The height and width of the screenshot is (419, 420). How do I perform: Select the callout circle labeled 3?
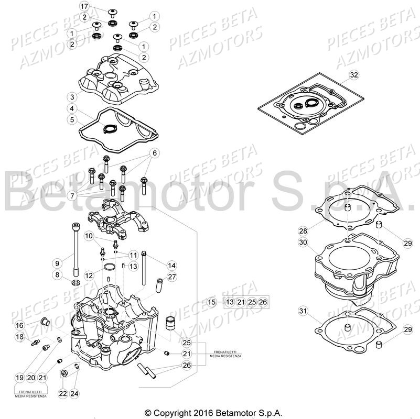[x=72, y=97]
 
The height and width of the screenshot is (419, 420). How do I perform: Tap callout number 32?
[x=354, y=75]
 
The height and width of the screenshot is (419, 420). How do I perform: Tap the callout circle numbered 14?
[x=171, y=265]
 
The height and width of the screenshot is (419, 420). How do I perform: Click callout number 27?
[x=171, y=277]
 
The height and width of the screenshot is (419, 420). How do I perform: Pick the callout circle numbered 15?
[x=211, y=302]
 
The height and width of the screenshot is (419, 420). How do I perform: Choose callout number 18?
[x=19, y=337]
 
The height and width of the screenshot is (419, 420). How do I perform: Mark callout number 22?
[x=62, y=393]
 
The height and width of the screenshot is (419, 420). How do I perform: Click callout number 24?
[x=74, y=393]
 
